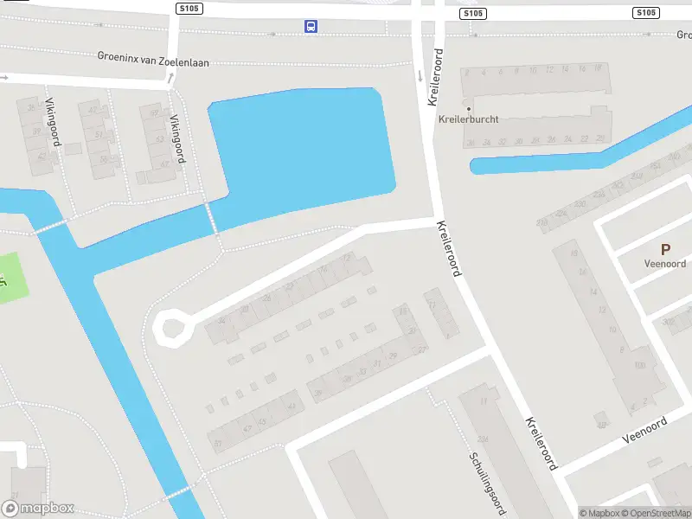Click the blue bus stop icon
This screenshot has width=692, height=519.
(x=311, y=26)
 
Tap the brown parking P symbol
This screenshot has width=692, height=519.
(x=665, y=249)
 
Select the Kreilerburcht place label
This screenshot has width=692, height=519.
(x=469, y=119)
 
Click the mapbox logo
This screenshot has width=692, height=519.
(x=38, y=509)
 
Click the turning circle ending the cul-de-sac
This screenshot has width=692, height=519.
(x=170, y=329)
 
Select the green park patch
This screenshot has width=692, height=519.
(x=13, y=277)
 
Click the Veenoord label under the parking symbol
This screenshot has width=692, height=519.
(x=665, y=264)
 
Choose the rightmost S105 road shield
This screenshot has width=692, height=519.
(x=645, y=12)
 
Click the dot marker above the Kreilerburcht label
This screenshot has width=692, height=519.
(x=469, y=108)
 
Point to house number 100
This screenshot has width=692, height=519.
(x=639, y=366)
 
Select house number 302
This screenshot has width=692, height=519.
(x=667, y=322)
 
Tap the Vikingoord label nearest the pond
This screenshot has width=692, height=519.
(x=177, y=138)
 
